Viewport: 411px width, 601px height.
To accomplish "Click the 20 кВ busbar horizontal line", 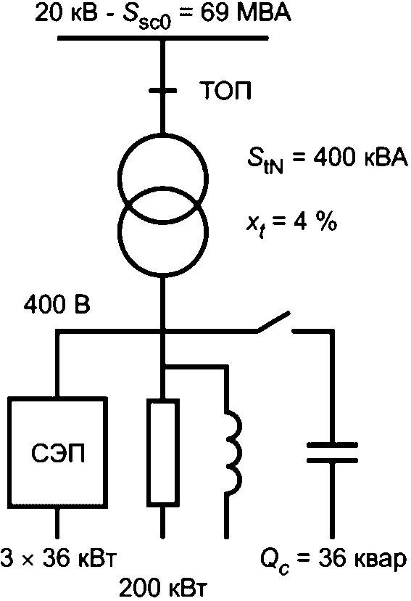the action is pos(163,38).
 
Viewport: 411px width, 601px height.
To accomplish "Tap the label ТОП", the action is pos(226,91).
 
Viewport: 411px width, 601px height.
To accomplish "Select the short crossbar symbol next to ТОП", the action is pos(163,91).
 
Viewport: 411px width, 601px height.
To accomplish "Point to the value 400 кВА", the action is pos(360,158).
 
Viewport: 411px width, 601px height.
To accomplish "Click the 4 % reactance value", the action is pos(315,221).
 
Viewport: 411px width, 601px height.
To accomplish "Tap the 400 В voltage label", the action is pos(57,305).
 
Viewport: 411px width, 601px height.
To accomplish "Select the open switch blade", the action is pos(273,322).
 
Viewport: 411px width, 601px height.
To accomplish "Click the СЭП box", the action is pos(57,453).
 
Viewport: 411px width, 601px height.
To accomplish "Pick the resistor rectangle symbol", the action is pos(163,453).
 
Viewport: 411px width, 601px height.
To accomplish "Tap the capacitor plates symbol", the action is pos(332,453).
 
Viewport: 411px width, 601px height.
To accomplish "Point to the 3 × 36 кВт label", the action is pos(58,558).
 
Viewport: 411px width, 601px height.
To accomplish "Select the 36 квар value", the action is pos(362,558).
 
